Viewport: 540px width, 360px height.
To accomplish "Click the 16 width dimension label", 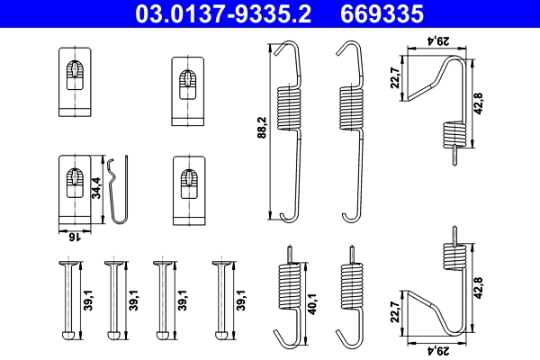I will pyautogui.click(x=76, y=237).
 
